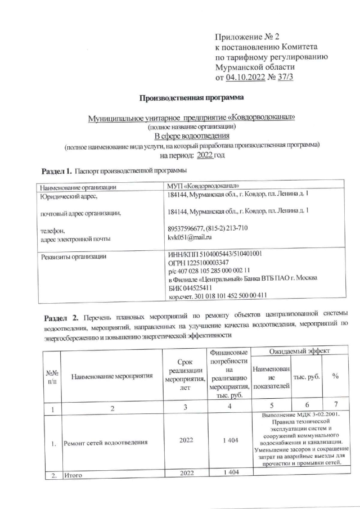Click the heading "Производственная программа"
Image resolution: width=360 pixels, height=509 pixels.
192,98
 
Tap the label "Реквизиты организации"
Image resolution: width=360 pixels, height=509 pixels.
71,257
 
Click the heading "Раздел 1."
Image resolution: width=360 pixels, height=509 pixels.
57,170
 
